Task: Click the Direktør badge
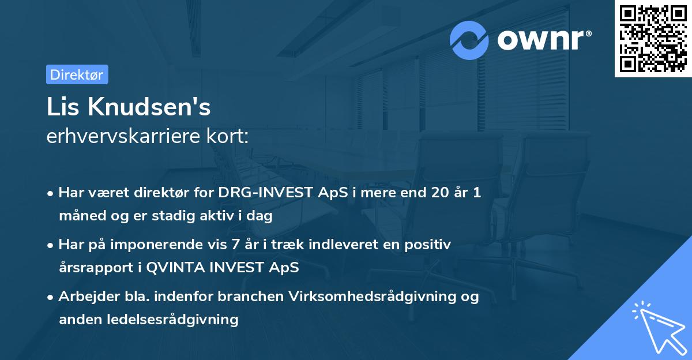77,74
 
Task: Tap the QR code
653,39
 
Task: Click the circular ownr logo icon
469,40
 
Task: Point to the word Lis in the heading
61,107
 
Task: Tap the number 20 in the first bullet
439,193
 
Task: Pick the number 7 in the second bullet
235,245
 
